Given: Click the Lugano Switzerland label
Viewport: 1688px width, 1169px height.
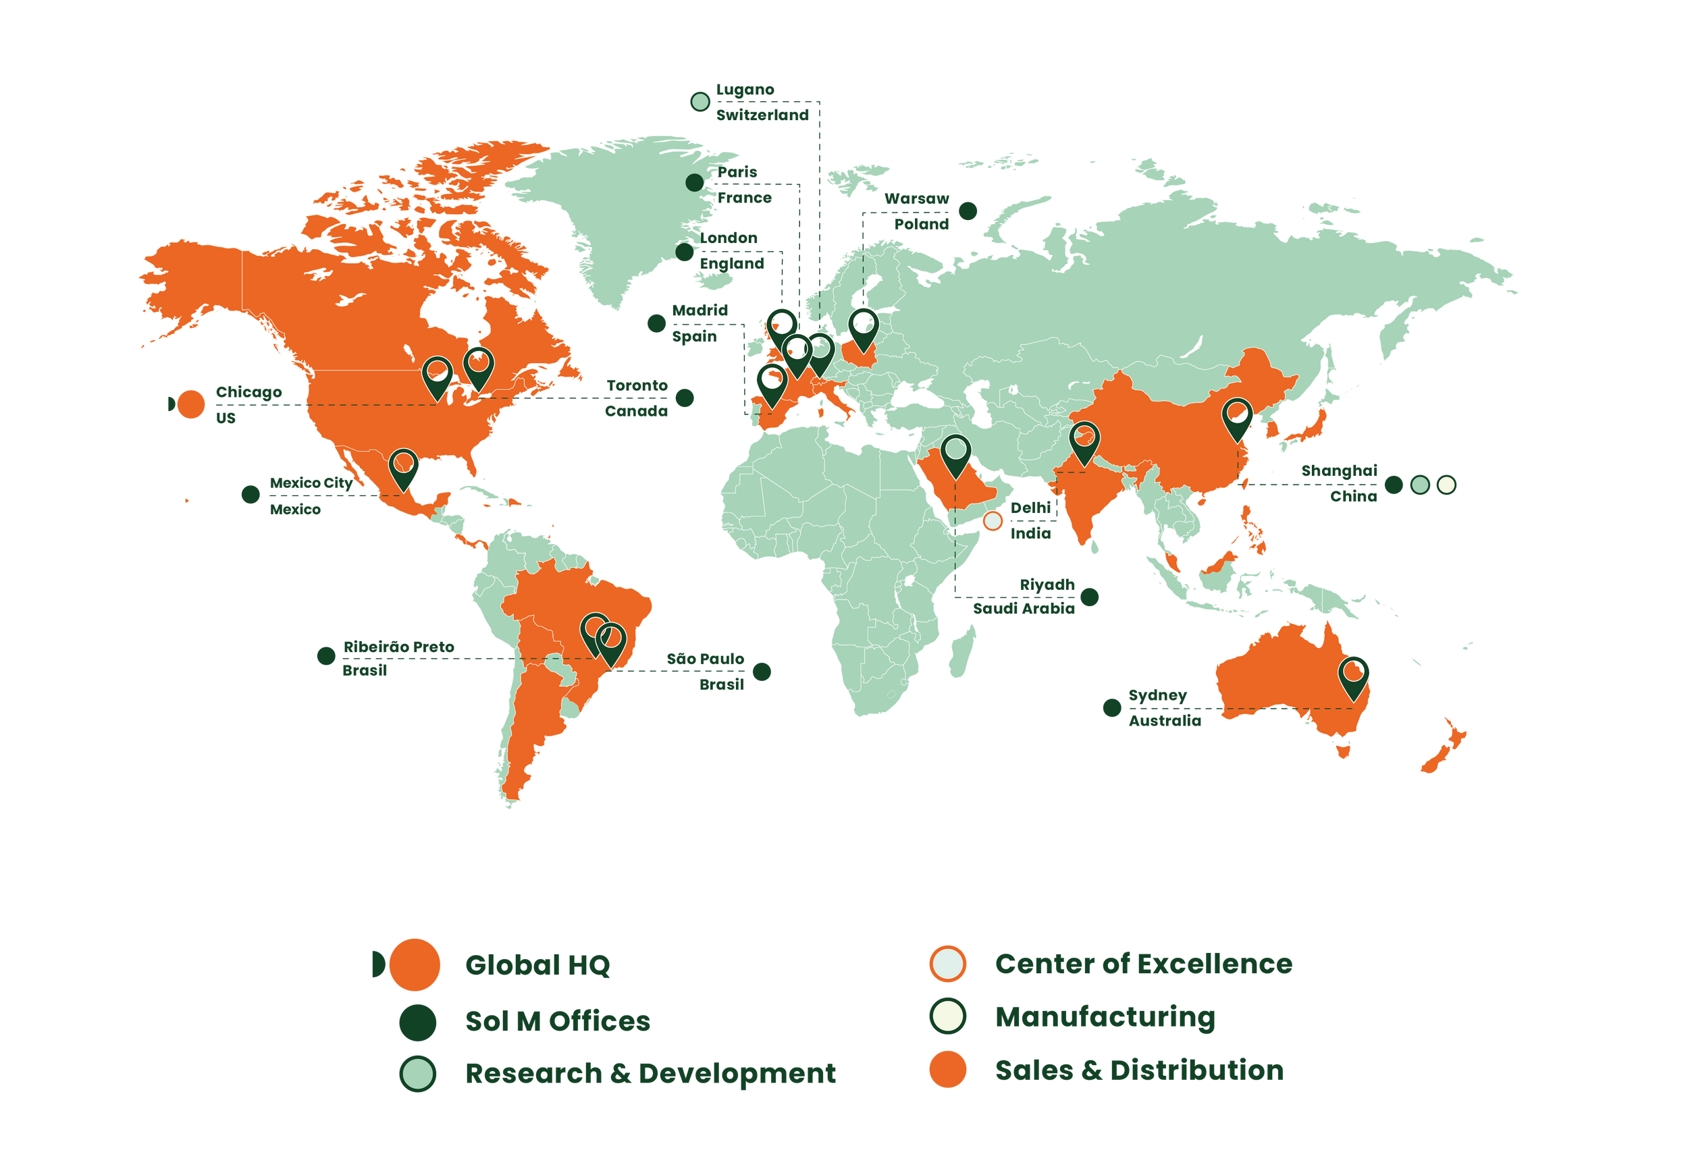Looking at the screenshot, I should point(762,102).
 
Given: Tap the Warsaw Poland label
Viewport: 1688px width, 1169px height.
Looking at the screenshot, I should point(918,211).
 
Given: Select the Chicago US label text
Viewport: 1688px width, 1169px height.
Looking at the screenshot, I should point(248,404).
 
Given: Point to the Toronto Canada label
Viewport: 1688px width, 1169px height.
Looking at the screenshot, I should point(637,398).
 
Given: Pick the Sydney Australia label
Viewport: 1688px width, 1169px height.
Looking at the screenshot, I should point(1163,707).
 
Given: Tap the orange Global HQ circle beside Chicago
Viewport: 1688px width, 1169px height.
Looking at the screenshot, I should point(191,404).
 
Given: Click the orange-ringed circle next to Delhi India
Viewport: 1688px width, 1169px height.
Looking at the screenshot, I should point(993,521).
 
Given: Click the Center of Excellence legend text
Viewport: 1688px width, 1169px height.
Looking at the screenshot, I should point(1143,964).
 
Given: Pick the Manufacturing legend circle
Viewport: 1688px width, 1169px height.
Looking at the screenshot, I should point(947,1016).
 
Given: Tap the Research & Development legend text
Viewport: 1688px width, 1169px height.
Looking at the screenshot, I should point(650,1074).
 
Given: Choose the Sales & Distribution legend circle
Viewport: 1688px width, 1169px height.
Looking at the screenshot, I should point(947,1070).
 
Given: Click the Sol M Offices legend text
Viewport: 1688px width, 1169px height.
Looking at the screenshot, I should point(558,1021).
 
